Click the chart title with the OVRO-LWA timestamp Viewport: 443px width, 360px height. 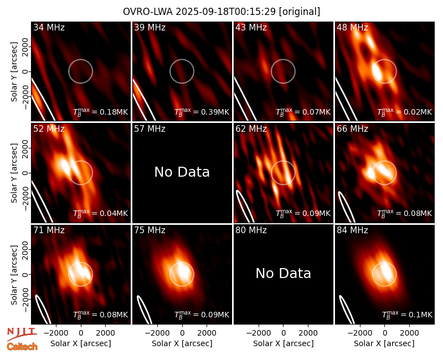coord(221,12)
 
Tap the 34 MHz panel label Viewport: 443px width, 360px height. coord(49,27)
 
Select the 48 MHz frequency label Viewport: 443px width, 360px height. coord(352,27)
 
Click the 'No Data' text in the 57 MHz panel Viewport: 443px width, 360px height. coord(182,172)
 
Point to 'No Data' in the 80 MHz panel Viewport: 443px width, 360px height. coord(284,273)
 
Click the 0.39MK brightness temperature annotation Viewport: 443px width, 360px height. coord(202,112)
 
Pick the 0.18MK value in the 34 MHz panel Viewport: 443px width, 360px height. coord(101,112)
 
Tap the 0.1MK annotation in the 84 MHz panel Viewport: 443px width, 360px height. coord(407,315)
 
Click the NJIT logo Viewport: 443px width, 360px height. coord(22,333)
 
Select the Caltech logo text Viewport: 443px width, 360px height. coord(22,347)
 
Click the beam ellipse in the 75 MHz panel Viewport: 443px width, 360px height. coord(145,310)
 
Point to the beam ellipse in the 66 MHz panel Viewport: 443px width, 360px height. coord(347,207)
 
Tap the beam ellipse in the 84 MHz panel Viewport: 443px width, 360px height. coord(347,310)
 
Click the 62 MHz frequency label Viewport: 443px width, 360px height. coord(251,129)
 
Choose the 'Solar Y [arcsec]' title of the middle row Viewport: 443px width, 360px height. coord(14,173)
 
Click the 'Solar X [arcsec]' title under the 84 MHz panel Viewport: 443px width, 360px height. coord(384,343)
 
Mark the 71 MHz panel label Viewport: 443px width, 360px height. coord(49,230)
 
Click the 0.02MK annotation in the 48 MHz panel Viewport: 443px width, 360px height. coord(404,112)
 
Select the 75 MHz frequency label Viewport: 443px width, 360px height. coord(150,230)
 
